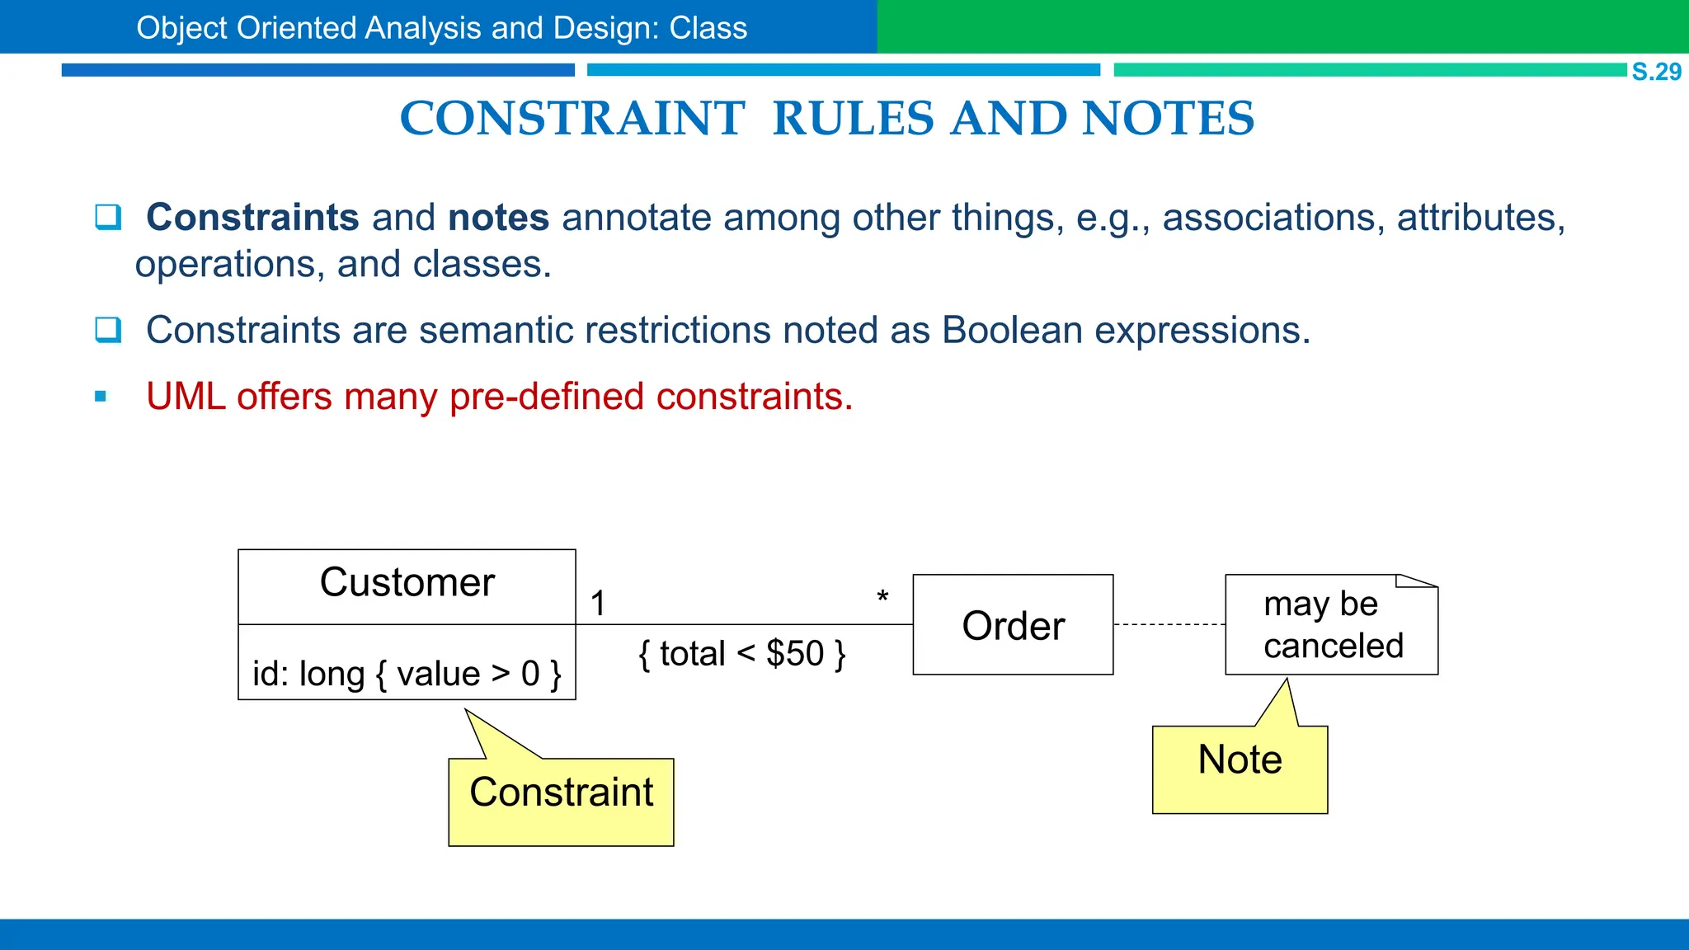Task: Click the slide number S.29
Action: click(x=1656, y=72)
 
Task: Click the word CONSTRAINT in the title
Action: click(x=572, y=118)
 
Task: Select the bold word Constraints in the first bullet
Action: click(x=252, y=218)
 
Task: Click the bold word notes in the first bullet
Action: click(x=498, y=218)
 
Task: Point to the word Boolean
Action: click(x=1012, y=330)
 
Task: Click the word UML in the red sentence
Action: click(x=185, y=397)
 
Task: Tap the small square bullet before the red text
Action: click(x=101, y=397)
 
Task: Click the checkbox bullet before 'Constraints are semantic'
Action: click(x=108, y=330)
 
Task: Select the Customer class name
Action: click(x=407, y=582)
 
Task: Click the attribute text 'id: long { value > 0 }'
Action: click(x=407, y=674)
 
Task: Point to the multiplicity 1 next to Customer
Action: click(x=598, y=604)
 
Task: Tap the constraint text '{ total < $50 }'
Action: click(x=741, y=654)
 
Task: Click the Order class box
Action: click(x=1013, y=625)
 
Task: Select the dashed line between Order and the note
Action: click(x=1169, y=624)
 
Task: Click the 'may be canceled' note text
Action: click(x=1332, y=625)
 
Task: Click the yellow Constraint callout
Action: click(x=561, y=800)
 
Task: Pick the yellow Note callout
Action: click(x=1240, y=767)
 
